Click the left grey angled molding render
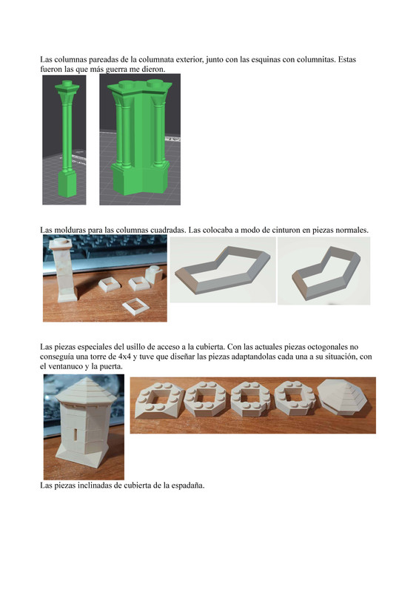point(223,271)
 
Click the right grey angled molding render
point(325,271)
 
